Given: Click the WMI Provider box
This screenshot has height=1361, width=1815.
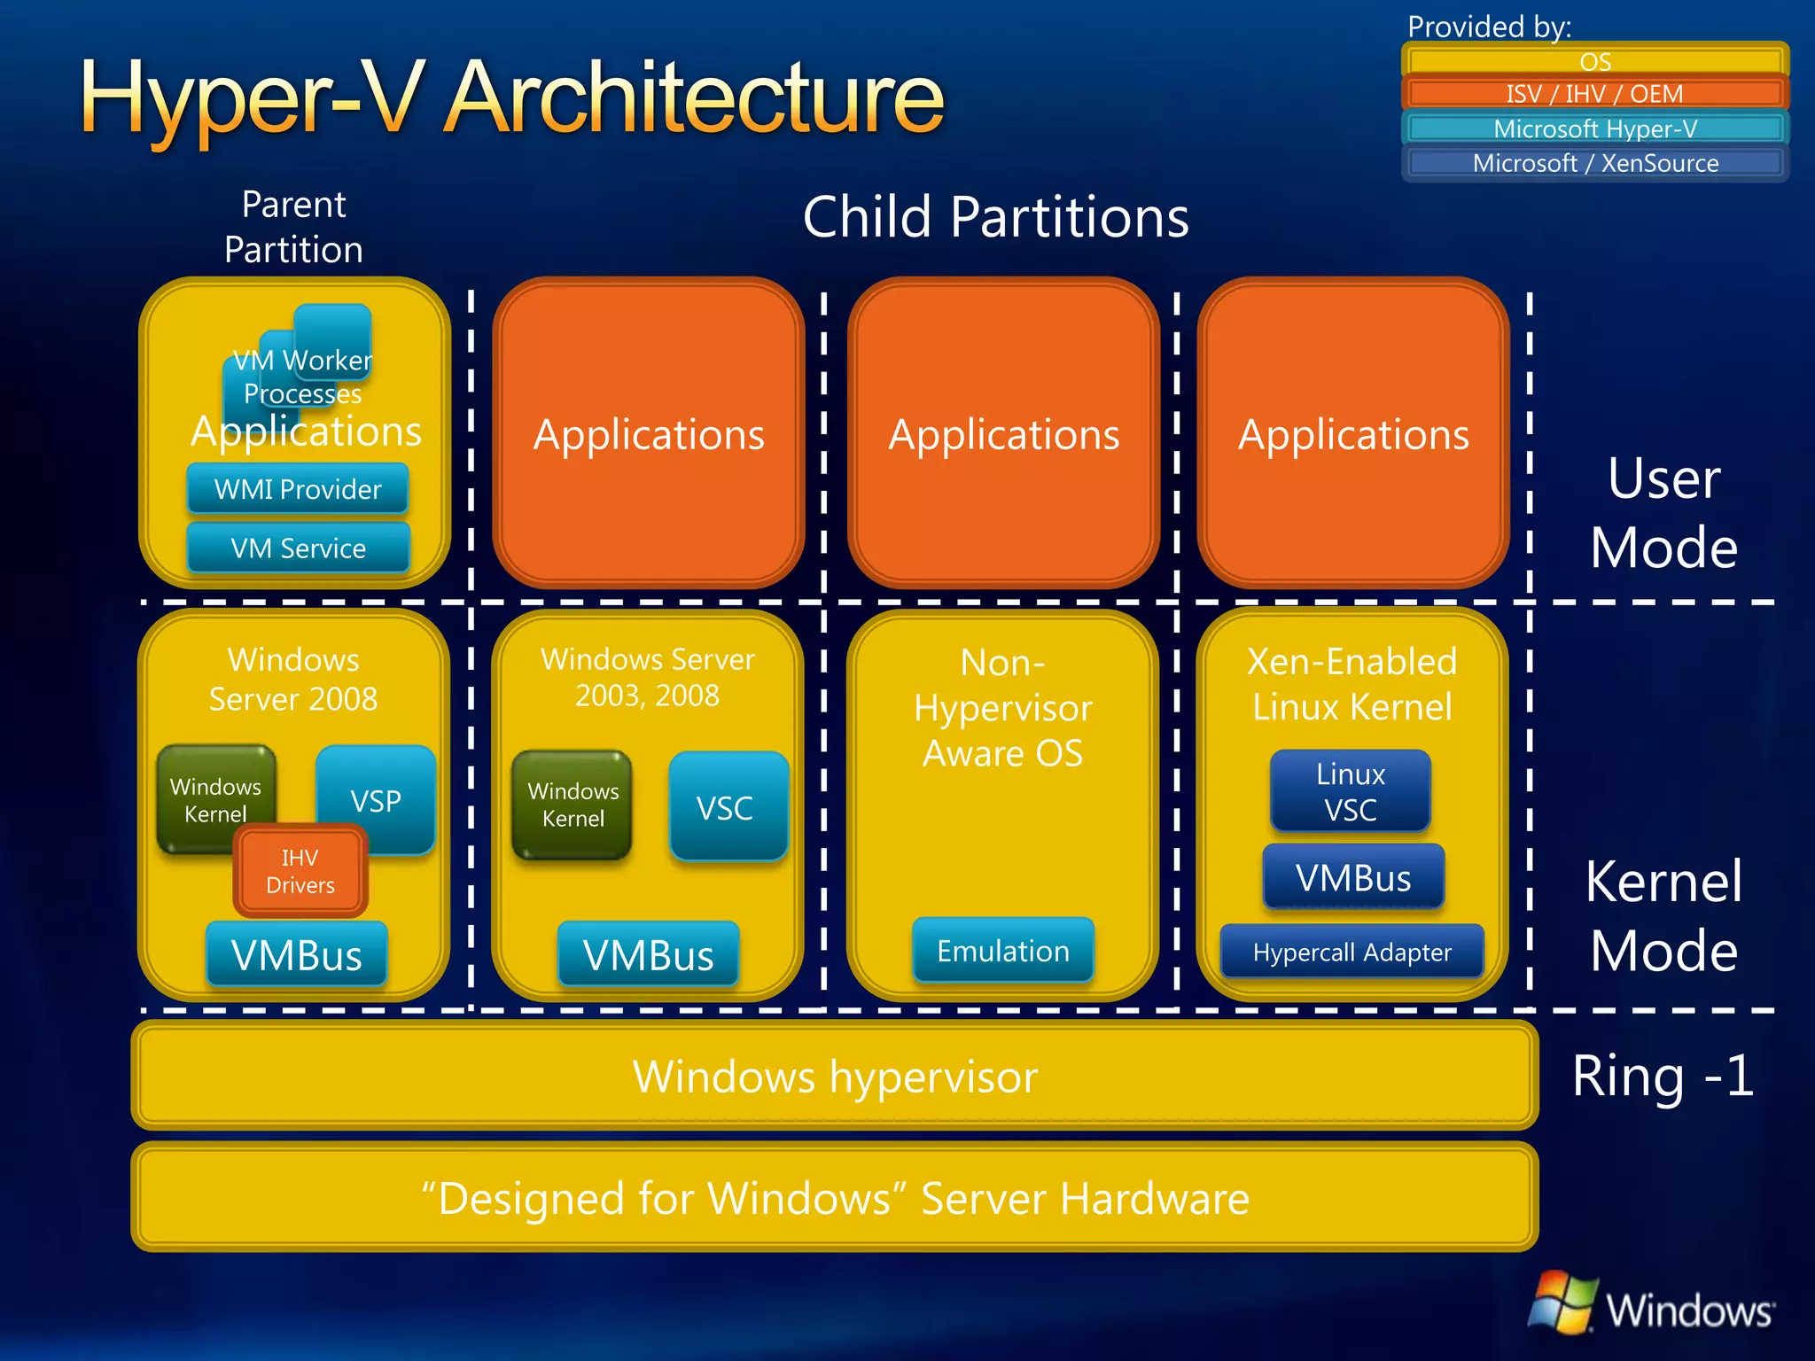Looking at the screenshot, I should (298, 488).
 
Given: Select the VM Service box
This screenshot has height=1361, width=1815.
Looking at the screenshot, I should (298, 548).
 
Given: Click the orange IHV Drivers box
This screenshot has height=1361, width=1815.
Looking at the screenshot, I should (300, 871).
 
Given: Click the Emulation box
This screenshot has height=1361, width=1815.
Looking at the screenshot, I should (1002, 951).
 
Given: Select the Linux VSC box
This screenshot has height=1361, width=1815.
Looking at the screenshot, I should (1350, 791).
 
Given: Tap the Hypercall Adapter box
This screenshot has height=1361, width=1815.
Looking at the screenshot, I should (1352, 952).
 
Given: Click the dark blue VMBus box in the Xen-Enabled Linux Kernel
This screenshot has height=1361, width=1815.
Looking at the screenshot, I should (1352, 877).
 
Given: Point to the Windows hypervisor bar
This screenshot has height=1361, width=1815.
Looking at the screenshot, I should (834, 1076).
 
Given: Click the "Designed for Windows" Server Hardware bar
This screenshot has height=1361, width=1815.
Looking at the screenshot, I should (834, 1198).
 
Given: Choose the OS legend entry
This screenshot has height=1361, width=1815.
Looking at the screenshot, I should (1594, 61).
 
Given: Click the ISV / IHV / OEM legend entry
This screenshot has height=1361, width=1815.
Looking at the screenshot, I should (1594, 94).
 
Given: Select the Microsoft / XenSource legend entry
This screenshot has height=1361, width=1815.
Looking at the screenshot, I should (1594, 163).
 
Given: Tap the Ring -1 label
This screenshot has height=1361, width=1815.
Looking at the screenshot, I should (1662, 1076).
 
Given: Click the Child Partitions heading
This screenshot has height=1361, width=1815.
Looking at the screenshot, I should (995, 217).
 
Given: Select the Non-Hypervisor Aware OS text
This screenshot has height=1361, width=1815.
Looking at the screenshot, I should (1002, 707).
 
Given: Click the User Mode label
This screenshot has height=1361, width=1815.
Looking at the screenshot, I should (1663, 512).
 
